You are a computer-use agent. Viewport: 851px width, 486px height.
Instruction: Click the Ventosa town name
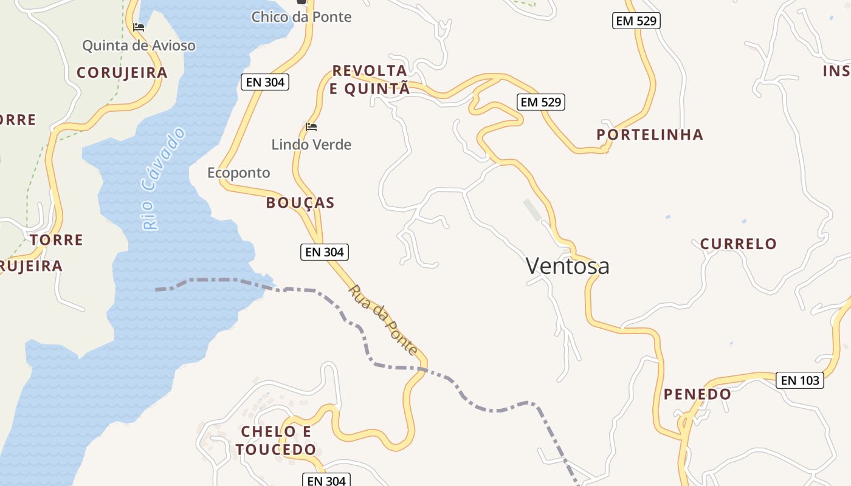point(567,266)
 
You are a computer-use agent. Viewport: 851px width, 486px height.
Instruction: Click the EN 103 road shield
point(800,381)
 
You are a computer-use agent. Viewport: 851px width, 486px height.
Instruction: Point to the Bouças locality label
point(300,203)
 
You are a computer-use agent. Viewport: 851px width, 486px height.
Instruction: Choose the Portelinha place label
point(650,135)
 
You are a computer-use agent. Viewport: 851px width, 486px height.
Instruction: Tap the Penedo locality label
point(697,394)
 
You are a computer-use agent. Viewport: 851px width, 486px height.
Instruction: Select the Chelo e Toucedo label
point(277,440)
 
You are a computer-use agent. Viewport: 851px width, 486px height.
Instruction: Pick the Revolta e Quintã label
point(370,80)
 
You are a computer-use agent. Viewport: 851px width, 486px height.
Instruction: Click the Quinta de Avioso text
point(139,46)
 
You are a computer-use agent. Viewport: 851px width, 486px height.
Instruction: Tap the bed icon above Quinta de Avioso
point(139,27)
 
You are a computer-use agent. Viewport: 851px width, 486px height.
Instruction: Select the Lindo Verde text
point(311,145)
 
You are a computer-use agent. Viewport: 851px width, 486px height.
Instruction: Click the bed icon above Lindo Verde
point(311,127)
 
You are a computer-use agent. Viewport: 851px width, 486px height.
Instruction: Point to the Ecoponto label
point(239,173)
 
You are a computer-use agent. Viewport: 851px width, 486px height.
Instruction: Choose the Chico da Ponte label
point(301,16)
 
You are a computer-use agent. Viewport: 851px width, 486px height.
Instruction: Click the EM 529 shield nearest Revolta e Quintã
point(541,102)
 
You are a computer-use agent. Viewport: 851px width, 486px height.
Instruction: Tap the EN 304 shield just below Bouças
point(325,252)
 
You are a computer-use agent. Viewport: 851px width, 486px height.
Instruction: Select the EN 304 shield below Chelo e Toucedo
point(326,481)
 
